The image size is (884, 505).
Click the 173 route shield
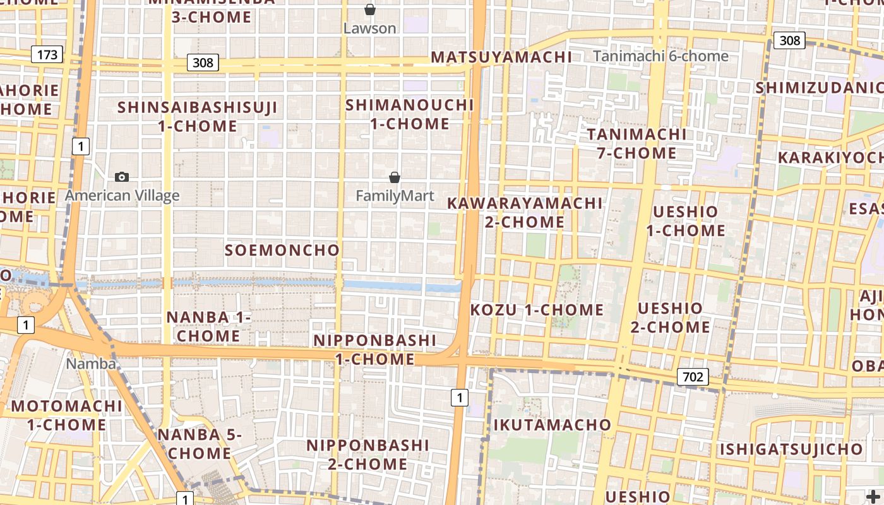pos(47,54)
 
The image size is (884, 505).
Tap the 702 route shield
pos(693,377)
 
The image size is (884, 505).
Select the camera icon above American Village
pos(122,177)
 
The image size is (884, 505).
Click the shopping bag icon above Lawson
pos(370,9)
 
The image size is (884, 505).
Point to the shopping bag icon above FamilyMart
pos(395,177)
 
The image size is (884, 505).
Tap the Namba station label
pos(91,364)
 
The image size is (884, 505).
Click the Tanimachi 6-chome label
pos(660,56)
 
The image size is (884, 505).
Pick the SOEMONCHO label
pos(282,250)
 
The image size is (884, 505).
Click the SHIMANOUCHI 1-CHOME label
pos(410,114)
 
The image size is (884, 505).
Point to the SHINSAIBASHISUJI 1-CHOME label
pos(198,117)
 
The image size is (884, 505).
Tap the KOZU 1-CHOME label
pos(537,310)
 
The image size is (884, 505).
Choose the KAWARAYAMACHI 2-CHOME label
pos(525,213)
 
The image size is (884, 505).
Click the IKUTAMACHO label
pos(552,425)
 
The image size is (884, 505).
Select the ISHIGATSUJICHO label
pos(791,449)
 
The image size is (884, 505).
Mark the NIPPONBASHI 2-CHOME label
pos(367,454)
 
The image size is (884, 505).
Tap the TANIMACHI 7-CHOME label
pos(637,143)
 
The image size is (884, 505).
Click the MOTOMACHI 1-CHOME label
pos(66,415)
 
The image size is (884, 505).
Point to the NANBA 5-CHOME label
pos(200,444)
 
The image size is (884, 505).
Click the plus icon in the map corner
pos(872,496)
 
